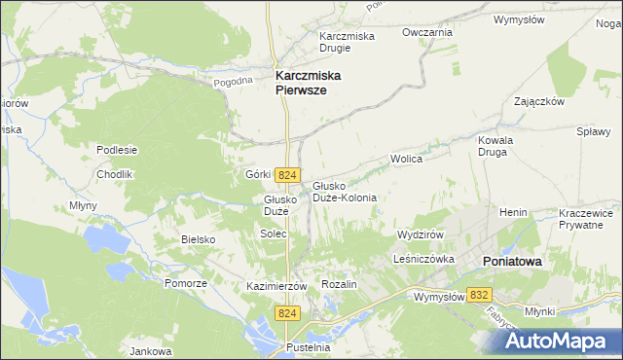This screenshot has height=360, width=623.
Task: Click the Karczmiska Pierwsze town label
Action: tap(314, 81)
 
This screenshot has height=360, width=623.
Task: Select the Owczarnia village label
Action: tap(428, 32)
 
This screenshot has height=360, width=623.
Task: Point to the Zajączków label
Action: tap(539, 101)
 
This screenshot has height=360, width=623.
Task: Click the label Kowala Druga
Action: tap(495, 146)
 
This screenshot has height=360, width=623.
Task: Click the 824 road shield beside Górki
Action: tap(286, 175)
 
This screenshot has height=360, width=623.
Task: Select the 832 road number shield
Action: tap(478, 294)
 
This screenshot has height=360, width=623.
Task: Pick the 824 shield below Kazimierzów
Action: tap(286, 313)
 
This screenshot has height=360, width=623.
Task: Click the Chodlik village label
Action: tap(114, 174)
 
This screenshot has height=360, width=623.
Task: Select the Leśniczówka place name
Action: tap(424, 260)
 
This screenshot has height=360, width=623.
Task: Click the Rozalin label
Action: tap(340, 284)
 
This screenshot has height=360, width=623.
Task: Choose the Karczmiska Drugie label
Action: tap(348, 43)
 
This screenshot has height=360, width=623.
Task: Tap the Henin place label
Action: tap(513, 211)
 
